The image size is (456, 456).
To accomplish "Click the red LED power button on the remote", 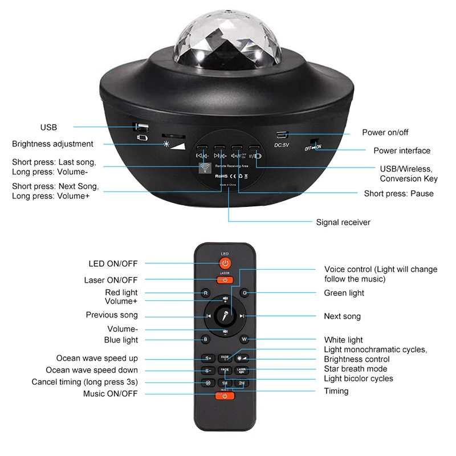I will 225,263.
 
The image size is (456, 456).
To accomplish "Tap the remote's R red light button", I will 206,293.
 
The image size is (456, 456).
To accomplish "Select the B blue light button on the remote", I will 206,339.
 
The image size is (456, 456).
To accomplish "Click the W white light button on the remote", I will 244,339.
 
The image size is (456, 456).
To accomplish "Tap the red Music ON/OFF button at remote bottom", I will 225,396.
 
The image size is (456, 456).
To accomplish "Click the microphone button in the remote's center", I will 225,315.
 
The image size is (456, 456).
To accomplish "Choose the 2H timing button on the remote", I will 242,382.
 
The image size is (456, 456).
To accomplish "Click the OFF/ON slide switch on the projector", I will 313,145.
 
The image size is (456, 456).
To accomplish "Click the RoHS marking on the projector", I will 222,177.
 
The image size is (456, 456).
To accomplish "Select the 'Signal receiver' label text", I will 343,222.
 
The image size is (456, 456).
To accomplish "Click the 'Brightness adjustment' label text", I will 52,144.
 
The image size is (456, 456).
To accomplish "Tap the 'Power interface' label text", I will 402,150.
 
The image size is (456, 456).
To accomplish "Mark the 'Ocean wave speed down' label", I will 92,370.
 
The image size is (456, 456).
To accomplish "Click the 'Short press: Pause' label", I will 398,193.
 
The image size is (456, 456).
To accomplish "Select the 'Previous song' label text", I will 112,315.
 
